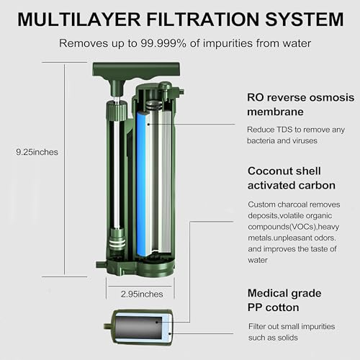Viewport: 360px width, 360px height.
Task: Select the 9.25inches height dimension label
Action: pyautogui.click(x=37, y=152)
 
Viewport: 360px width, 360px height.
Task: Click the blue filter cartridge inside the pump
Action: pyautogui.click(x=142, y=180)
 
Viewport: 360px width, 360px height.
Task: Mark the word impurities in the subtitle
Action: pyautogui.click(x=225, y=42)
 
